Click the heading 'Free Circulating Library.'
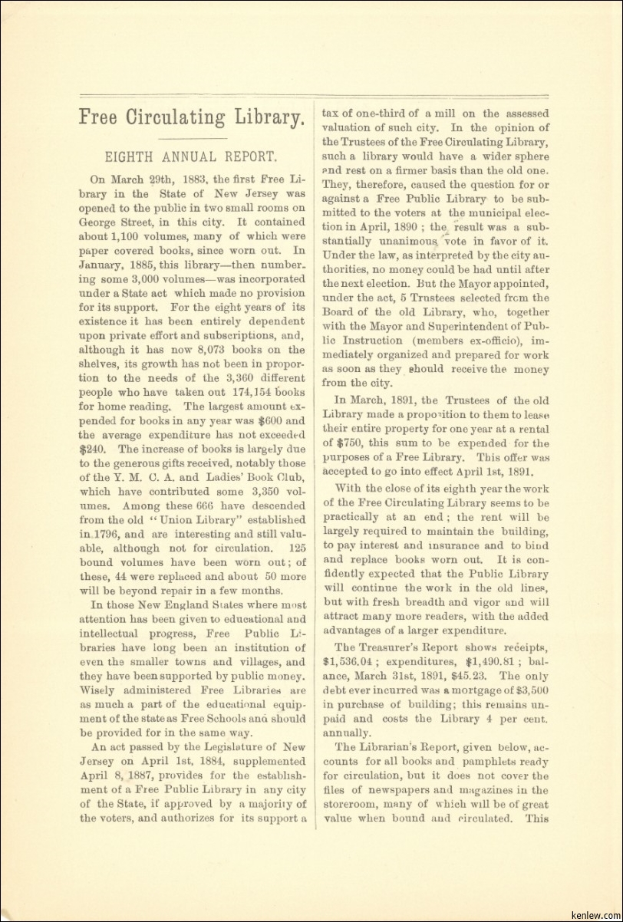pos(193,117)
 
